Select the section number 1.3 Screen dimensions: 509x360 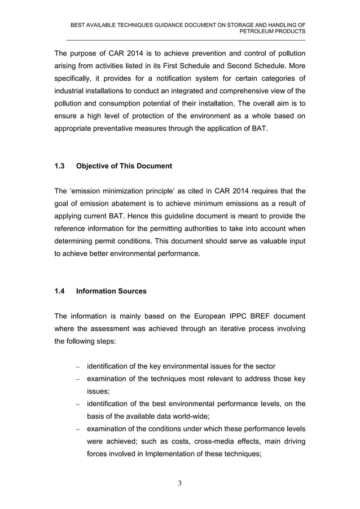[x=59, y=166]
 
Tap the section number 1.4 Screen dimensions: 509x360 [x=59, y=291]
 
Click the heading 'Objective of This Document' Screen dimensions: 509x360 [x=124, y=166]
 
